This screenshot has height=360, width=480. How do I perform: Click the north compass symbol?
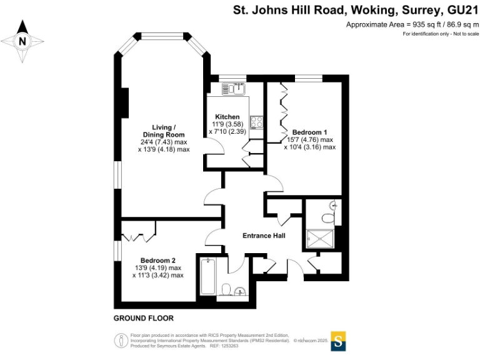click(x=23, y=42)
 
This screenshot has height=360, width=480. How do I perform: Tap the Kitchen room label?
click(x=227, y=117)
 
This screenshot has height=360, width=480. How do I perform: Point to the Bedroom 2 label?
click(x=157, y=261)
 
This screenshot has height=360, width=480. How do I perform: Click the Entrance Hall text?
click(x=264, y=236)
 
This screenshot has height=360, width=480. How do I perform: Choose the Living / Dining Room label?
click(x=164, y=131)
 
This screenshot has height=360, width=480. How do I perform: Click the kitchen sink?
click(x=236, y=89)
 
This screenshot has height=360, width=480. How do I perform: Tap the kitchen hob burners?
click(x=256, y=121)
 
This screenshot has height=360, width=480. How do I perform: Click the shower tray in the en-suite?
click(x=319, y=239)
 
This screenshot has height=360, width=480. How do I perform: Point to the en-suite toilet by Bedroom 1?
click(x=328, y=217)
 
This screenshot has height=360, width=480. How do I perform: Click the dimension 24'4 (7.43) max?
click(x=164, y=142)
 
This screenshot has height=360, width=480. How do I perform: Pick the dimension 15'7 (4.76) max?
click(x=309, y=140)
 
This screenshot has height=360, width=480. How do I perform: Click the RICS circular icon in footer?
click(x=120, y=340)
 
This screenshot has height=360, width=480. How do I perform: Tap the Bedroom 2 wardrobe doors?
click(x=139, y=237)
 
